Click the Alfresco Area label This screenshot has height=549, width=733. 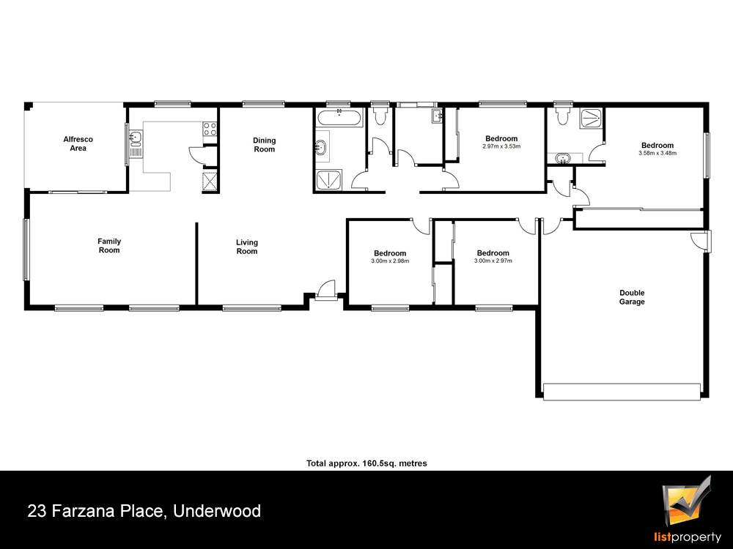[x=78, y=143]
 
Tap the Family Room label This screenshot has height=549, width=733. [x=109, y=245]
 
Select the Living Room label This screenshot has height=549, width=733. [x=247, y=247]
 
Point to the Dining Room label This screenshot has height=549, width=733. [x=264, y=145]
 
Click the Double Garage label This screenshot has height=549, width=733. [x=632, y=297]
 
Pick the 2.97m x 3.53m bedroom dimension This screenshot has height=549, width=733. [x=501, y=146]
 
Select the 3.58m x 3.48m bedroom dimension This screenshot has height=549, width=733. [x=658, y=153]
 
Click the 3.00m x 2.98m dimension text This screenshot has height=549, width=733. [x=390, y=261]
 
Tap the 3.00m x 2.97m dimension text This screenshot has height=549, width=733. [x=493, y=261]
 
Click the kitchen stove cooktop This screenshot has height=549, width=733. [x=210, y=129]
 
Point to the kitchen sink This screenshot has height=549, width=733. [x=136, y=143]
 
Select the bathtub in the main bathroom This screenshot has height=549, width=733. [x=339, y=119]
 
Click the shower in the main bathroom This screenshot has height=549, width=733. [x=329, y=180]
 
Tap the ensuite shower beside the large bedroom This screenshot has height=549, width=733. [x=592, y=118]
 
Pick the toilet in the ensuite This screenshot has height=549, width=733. [x=562, y=116]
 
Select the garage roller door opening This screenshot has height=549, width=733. [x=622, y=392]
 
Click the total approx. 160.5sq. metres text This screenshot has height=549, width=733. [x=366, y=463]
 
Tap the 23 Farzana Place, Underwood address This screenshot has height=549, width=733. [x=144, y=511]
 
